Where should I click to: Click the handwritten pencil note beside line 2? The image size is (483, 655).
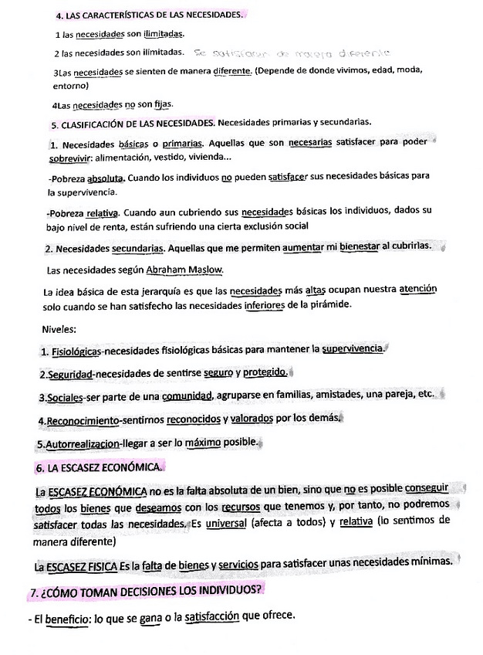point(292,53)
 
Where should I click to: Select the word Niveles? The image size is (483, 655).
point(59,328)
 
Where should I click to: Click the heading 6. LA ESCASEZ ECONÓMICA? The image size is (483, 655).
point(98,468)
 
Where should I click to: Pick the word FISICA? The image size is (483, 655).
point(102,566)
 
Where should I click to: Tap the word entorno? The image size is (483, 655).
point(71,87)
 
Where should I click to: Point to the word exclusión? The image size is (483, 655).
point(260,226)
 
